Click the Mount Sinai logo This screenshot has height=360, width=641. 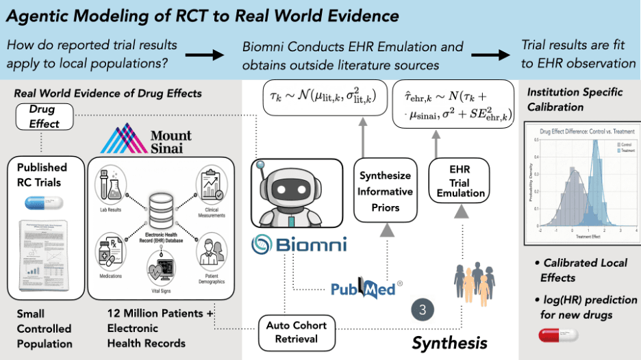coord(143,139)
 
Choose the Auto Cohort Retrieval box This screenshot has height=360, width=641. coord(296,332)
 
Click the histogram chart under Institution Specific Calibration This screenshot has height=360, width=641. coord(581,183)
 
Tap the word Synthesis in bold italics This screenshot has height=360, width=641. coord(449,342)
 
